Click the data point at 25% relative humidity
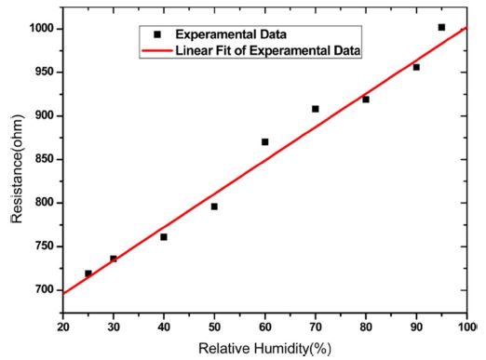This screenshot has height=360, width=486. coord(88,273)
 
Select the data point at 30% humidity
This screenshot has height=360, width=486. coord(114,259)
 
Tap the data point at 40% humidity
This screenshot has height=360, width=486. coord(164,237)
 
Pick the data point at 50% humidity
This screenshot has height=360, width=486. coord(214,207)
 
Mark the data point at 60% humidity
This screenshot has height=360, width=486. coord(264,142)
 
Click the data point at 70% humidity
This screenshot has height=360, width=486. coord(316,109)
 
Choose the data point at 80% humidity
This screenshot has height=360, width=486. coord(366,100)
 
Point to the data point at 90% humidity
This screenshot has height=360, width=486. coord(416,67)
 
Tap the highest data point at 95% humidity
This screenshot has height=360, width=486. coord(441,27)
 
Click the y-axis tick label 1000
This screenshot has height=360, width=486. coord(39,29)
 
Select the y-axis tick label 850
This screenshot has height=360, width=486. coord(43,159)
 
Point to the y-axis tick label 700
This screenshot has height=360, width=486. coord(43,290)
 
